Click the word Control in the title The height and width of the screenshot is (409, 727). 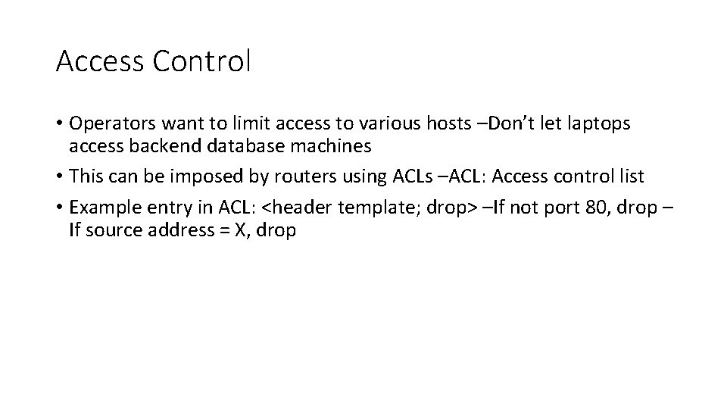coord(201,61)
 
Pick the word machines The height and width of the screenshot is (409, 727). coord(333,145)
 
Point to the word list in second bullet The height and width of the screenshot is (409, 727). coord(629,177)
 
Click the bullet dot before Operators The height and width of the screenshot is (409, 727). coord(59,123)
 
